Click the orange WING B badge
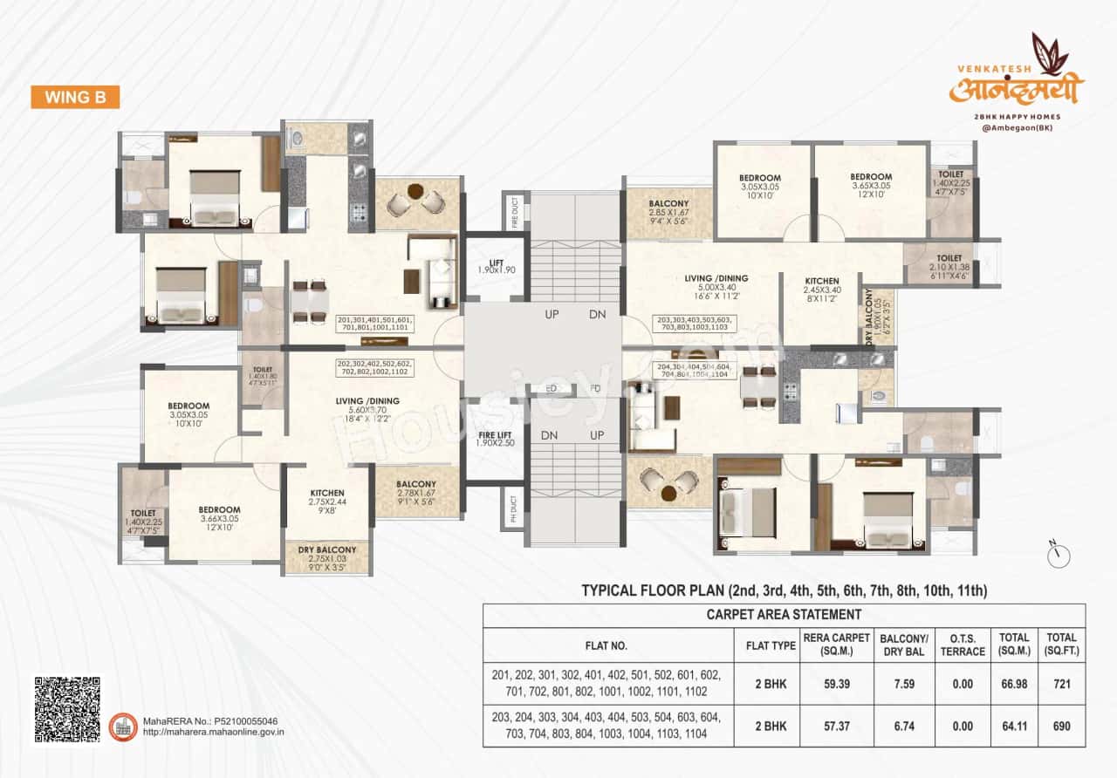pos(75,97)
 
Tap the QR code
pos(67,709)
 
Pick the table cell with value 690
pos(1062,726)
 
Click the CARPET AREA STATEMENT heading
pos(784,615)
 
